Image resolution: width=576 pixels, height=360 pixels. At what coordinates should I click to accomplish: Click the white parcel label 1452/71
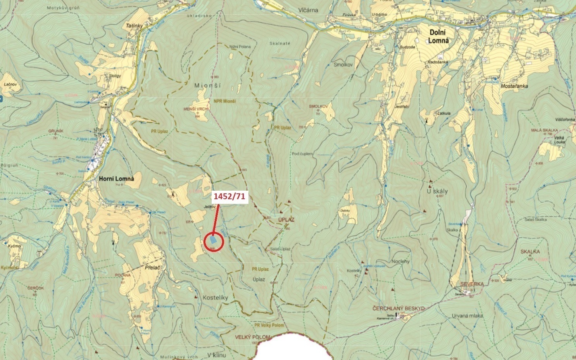(x=229, y=197)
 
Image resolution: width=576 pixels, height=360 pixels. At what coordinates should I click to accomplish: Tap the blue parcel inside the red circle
(x=213, y=241)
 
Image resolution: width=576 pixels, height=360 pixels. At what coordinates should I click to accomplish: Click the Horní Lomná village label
(x=116, y=179)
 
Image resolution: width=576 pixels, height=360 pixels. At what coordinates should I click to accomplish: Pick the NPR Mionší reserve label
(x=224, y=101)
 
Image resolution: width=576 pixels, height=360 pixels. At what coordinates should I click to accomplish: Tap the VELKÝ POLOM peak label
(x=252, y=337)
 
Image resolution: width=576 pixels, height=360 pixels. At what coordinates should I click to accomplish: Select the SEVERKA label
(x=472, y=284)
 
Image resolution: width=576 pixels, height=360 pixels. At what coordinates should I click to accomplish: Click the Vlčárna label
(x=309, y=10)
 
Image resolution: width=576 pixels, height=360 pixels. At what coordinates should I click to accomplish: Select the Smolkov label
(x=343, y=65)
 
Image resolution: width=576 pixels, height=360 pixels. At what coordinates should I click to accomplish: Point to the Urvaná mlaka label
(x=467, y=315)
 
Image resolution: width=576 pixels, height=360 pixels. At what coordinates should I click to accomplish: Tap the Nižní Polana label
(x=240, y=47)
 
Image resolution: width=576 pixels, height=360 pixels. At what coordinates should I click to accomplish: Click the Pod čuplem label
(x=302, y=154)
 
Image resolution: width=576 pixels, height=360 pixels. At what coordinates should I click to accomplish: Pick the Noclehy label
(x=400, y=261)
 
